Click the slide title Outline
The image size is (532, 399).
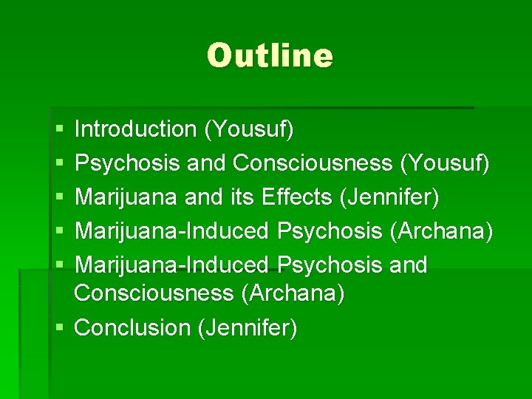[270, 55]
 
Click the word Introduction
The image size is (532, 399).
[135, 129]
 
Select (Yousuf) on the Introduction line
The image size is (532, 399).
[248, 129]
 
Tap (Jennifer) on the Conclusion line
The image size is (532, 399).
[248, 327]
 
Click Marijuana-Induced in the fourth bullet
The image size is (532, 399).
[173, 231]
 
